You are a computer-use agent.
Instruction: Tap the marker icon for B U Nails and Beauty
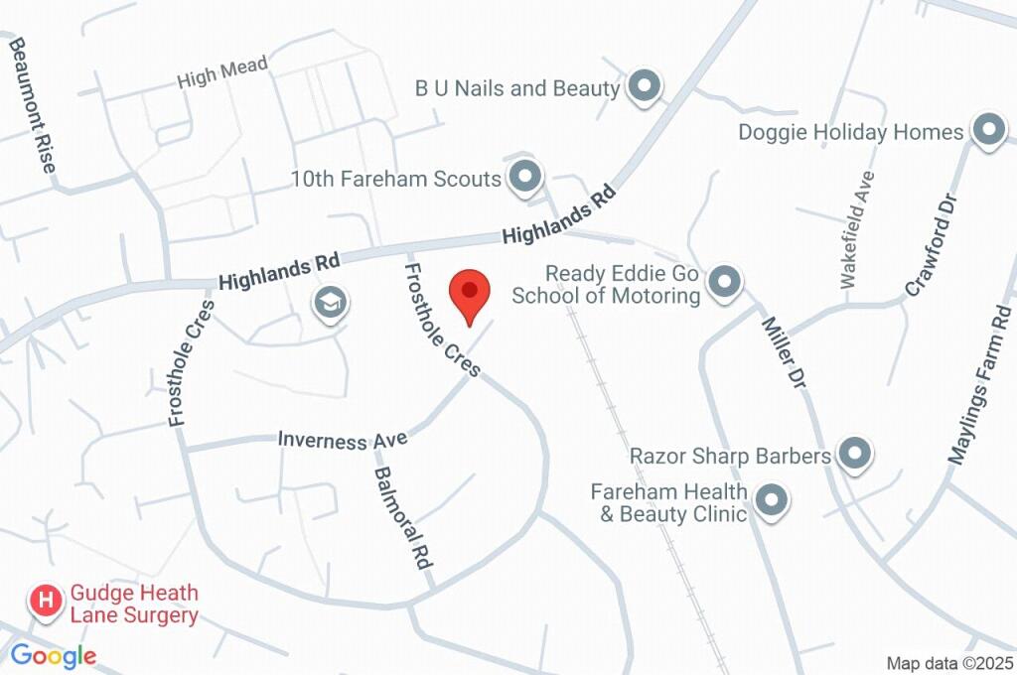(646, 86)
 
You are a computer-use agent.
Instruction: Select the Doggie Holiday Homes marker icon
(988, 130)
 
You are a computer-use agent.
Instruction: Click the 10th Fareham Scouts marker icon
(524, 177)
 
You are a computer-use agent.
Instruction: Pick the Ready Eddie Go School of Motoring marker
(727, 282)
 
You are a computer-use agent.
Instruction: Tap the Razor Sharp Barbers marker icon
(853, 455)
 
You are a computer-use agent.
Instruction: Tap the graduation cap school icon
(329, 303)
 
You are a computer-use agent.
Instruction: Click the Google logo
(54, 655)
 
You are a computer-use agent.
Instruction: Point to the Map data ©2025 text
(949, 662)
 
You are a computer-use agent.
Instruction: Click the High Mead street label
(222, 72)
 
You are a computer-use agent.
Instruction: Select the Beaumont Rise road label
(33, 106)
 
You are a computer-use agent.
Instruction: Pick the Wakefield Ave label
(857, 229)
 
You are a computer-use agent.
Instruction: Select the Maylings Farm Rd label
(982, 387)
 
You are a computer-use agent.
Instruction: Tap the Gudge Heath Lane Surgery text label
(134, 604)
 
